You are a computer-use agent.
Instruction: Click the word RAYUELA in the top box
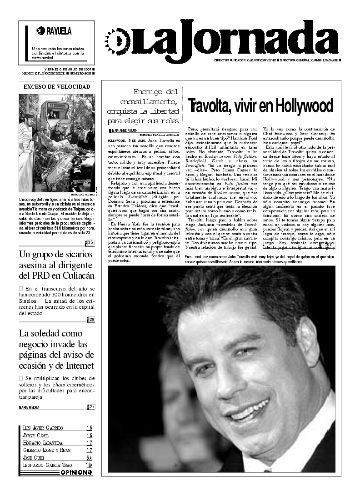pyautogui.click(x=59, y=31)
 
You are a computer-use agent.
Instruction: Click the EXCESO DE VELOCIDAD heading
pyautogui.click(x=57, y=86)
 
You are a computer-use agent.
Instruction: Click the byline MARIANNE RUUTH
pyautogui.click(x=124, y=130)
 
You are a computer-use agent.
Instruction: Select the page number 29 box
pyautogui.click(x=91, y=320)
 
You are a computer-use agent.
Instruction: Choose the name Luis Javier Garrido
pyautogui.click(x=43, y=428)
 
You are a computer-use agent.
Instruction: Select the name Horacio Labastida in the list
pyautogui.click(x=43, y=443)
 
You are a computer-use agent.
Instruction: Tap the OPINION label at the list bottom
pyautogui.click(x=76, y=472)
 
